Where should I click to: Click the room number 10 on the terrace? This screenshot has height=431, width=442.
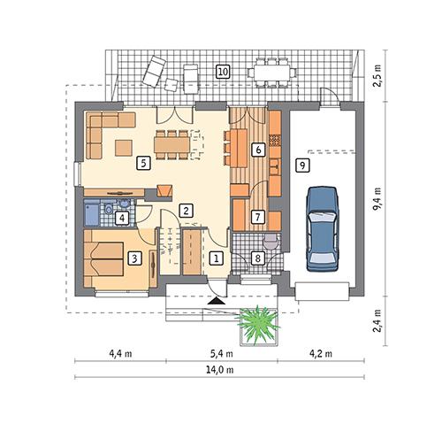tap(223, 72)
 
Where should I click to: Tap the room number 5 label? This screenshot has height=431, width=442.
tap(141, 163)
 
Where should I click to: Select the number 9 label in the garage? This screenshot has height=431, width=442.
tap(302, 165)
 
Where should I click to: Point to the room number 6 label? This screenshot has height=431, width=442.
tap(257, 150)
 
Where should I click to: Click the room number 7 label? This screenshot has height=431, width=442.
tap(257, 216)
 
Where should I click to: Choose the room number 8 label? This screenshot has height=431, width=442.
tap(257, 258)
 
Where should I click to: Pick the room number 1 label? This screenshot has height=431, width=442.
tap(217, 258)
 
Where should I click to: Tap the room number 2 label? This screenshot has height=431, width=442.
tap(186, 211)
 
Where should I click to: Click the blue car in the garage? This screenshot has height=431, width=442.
tap(323, 227)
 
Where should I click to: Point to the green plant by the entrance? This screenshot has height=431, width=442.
tap(259, 323)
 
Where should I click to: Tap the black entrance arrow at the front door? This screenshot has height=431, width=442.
tap(215, 302)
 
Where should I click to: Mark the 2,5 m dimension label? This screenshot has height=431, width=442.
tap(377, 74)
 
